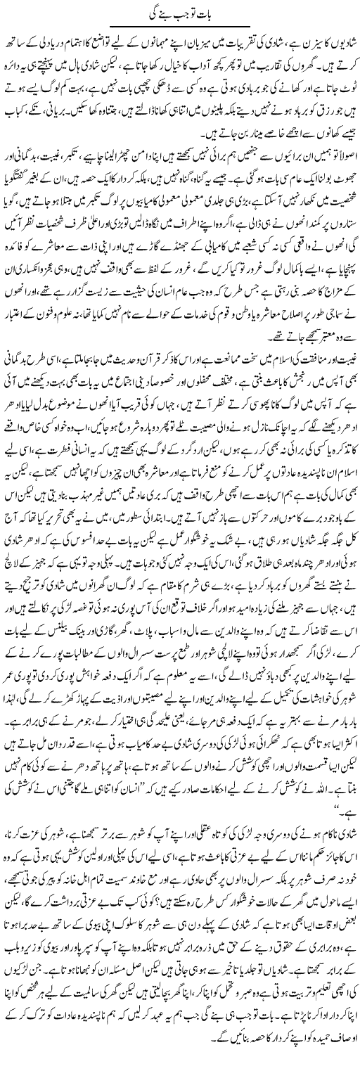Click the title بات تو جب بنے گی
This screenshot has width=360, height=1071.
(180, 10)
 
